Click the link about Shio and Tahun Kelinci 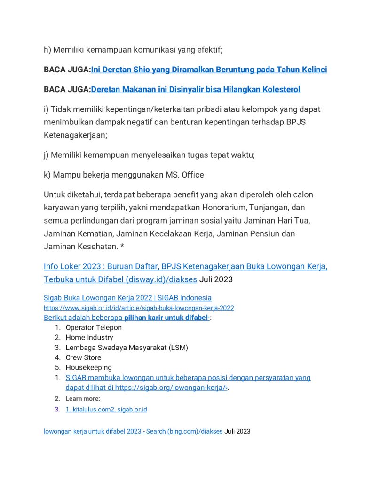(x=209, y=70)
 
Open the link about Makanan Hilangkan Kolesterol (x=195, y=89)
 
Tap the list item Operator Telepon (x=94, y=327)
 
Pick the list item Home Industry (x=89, y=337)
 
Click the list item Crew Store (x=83, y=357)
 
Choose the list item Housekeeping (x=88, y=367)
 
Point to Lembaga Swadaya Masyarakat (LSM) (x=127, y=348)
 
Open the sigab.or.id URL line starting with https (x=139, y=308)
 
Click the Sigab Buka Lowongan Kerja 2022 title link (x=127, y=298)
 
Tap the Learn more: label (x=83, y=399)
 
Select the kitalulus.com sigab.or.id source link (x=106, y=410)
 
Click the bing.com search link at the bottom (x=133, y=431)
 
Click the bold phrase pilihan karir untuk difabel (x=166, y=318)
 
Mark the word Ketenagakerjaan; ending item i (x=75, y=135)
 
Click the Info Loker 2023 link (x=185, y=267)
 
